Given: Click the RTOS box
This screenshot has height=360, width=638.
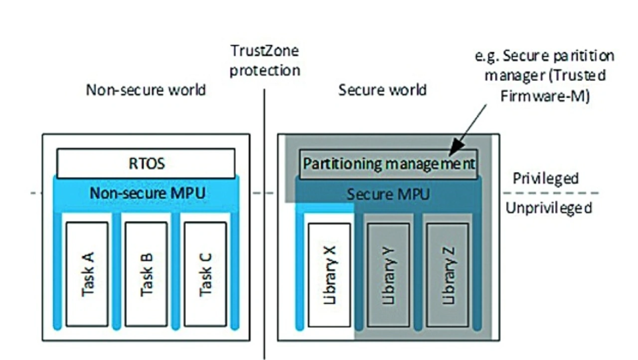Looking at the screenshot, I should pos(146,163).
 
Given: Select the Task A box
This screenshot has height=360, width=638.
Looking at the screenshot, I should pos(87,274).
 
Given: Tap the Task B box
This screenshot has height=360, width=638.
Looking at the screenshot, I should pos(146,274).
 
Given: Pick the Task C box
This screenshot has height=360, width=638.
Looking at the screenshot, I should pos(205,274).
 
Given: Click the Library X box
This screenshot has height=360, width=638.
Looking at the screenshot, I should pos(329,274).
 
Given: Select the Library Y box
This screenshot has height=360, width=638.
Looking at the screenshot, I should pos(388,274).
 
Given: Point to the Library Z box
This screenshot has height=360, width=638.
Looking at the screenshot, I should pos(447,274).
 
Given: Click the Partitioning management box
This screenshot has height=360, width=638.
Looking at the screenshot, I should pos(388,164).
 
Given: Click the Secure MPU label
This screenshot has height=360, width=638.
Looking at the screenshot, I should pos(388,194).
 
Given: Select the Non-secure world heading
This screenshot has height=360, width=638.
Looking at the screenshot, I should pos(146,90).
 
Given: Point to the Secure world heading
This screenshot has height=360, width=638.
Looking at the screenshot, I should pos(382,90).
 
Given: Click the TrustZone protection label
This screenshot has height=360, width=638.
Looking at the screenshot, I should pos(264,60).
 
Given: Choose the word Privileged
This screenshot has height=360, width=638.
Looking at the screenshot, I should pos(546,179).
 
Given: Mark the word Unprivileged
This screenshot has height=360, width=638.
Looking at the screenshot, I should pos(549,208).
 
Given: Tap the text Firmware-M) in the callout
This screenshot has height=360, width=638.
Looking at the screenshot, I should pos(545,95).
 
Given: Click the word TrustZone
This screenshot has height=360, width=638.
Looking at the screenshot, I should pos(264,51).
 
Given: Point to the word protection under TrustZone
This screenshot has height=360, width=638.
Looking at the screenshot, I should pos(264,70).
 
